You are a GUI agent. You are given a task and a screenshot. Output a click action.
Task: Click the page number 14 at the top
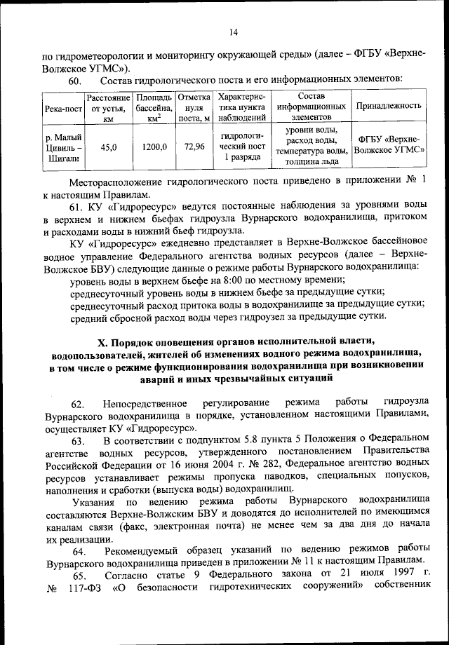click(x=233, y=32)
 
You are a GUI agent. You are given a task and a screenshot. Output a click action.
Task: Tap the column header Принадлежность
click(x=389, y=106)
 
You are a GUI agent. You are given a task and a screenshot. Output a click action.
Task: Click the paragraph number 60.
click(x=76, y=83)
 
